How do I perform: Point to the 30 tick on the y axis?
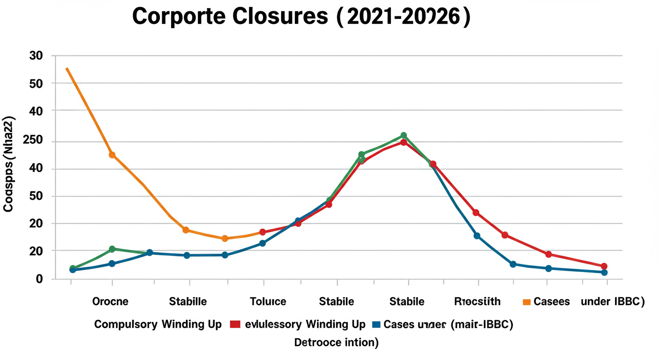[x=36, y=56]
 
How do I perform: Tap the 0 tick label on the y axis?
[x=39, y=279]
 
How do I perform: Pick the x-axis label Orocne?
[x=110, y=301]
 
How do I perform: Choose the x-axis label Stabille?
[x=187, y=301]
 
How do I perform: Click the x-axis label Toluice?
[x=268, y=301]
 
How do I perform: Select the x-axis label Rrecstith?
[x=477, y=301]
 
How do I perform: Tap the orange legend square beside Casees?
[x=526, y=302]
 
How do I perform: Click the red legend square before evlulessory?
[x=235, y=324]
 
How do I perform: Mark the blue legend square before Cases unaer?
[x=375, y=324]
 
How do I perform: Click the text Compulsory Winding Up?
[x=157, y=324]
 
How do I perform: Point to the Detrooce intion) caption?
[x=336, y=343]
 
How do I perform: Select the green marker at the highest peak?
[x=404, y=135]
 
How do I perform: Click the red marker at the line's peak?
[x=404, y=142]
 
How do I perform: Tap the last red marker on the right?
[x=604, y=266]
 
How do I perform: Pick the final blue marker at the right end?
[x=604, y=272]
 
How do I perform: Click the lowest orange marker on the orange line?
[x=225, y=239]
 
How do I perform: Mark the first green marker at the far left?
[x=73, y=269]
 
